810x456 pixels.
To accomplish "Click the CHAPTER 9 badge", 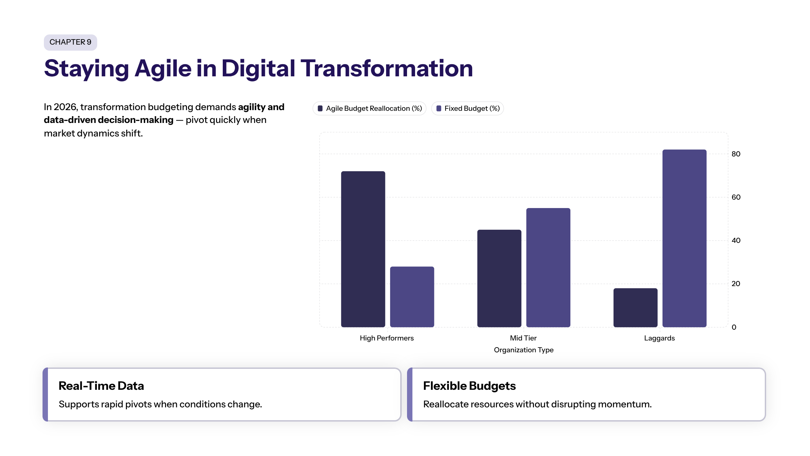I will point(70,42).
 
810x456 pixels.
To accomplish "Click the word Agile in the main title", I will point(163,69).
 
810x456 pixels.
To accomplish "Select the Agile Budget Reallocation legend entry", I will point(370,108).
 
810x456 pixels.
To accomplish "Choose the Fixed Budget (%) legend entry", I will point(468,108).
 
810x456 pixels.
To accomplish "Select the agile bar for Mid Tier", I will point(499,278).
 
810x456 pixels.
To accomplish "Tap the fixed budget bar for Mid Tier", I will point(548,268).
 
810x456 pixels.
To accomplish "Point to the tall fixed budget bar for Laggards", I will point(684,238).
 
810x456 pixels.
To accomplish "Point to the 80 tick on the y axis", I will point(736,154).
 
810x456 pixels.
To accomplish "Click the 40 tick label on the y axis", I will point(736,240).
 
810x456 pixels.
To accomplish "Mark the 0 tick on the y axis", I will point(734,327).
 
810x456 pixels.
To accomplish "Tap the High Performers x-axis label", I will point(386,338).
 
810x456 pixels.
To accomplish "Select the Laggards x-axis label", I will point(659,338).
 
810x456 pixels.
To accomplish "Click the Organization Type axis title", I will point(523,350).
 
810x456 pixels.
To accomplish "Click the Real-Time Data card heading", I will point(101,386).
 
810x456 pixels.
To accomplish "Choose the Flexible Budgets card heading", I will point(469,386).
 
